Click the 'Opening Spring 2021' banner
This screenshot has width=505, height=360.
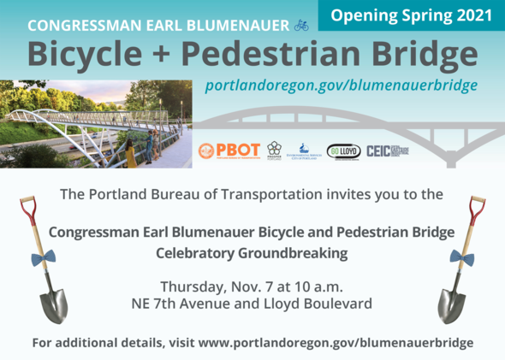point(412,15)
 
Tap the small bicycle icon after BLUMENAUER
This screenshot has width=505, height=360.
point(301,25)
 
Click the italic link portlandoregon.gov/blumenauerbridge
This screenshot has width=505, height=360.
point(341,86)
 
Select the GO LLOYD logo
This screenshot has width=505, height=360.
point(343,150)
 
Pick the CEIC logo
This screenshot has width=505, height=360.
point(387,150)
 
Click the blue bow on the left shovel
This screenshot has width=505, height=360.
point(37,256)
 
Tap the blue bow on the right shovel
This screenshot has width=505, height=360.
point(463,256)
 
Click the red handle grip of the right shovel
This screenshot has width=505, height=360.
point(477,204)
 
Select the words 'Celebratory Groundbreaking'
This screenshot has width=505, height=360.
point(253,253)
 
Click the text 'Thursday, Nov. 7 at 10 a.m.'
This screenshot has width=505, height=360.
point(253,285)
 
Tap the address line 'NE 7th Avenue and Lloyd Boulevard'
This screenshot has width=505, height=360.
point(253,303)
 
